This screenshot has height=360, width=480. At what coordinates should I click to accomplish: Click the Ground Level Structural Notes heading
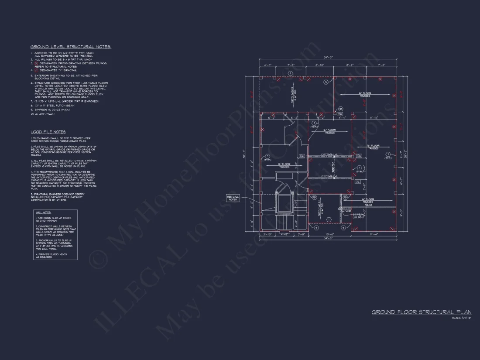click(71, 47)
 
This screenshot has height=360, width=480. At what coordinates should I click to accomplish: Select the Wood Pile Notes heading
click(48, 132)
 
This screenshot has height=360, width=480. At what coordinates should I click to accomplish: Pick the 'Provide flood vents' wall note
click(51, 256)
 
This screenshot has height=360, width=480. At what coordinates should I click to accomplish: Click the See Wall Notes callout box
click(233, 198)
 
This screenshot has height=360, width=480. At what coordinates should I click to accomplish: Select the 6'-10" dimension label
click(319, 65)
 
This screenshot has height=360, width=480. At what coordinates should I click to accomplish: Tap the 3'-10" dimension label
click(267, 234)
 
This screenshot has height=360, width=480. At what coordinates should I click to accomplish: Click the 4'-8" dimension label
click(284, 234)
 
